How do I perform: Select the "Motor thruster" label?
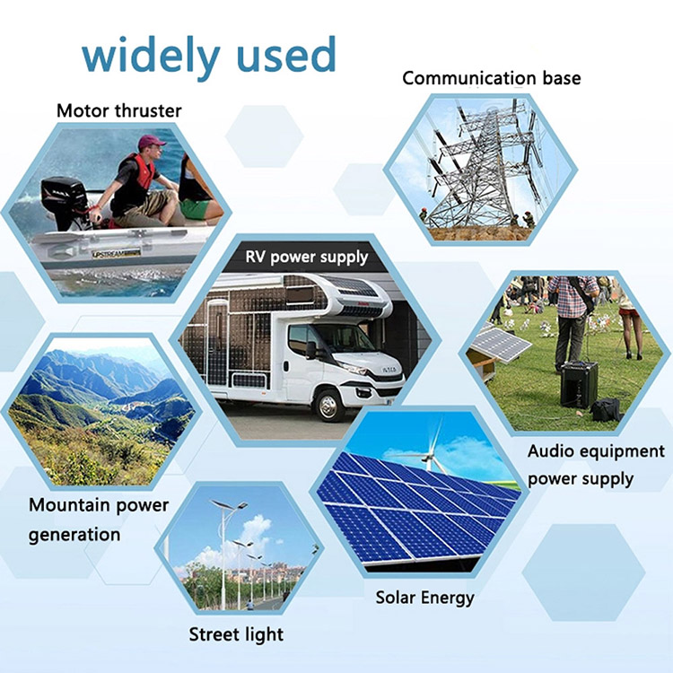[x=118, y=111]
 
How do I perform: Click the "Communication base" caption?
[x=491, y=78]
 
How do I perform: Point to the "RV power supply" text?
[x=307, y=257]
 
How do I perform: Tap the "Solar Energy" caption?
[x=424, y=597]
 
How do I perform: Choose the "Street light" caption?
[x=236, y=634]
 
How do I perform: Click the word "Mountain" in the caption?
[x=68, y=504]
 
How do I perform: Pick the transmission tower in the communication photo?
[x=485, y=166]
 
